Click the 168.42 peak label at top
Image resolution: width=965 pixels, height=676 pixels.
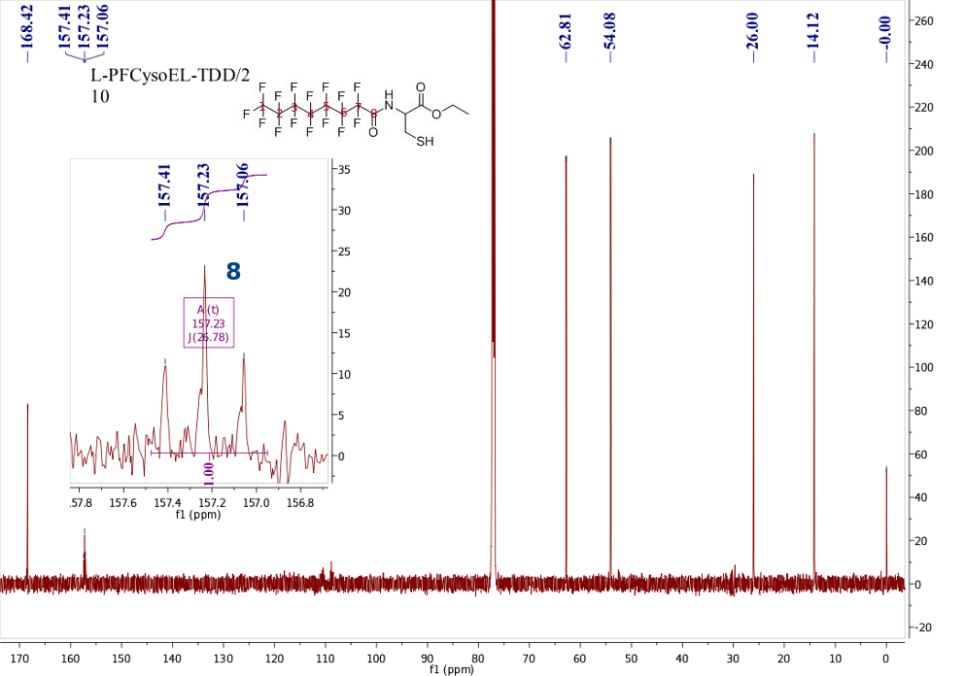(x=27, y=28)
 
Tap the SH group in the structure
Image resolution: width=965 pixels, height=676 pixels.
(x=425, y=143)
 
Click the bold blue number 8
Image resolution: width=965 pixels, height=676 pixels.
(x=233, y=272)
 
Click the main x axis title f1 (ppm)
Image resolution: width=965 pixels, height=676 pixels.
(x=451, y=669)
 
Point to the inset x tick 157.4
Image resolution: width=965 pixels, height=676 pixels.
(x=167, y=503)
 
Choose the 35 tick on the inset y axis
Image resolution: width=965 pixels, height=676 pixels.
(x=345, y=170)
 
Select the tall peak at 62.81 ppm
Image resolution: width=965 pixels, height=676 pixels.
(x=566, y=291)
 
